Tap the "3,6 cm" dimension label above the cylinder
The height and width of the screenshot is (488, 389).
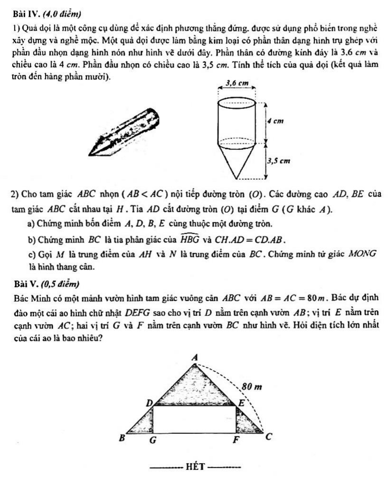pyautogui.click(x=237, y=83)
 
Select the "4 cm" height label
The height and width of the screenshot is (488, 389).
pyautogui.click(x=275, y=121)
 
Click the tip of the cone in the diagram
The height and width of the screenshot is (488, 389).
pyautogui.click(x=237, y=178)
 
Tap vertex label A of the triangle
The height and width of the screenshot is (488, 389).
pyautogui.click(x=195, y=357)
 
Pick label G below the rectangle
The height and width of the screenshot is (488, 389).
pyautogui.click(x=153, y=441)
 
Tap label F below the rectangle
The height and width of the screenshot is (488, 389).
pyautogui.click(x=236, y=440)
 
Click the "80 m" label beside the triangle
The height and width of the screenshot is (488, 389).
pyautogui.click(x=252, y=387)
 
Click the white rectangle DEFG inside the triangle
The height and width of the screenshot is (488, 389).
pyautogui.click(x=194, y=419)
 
